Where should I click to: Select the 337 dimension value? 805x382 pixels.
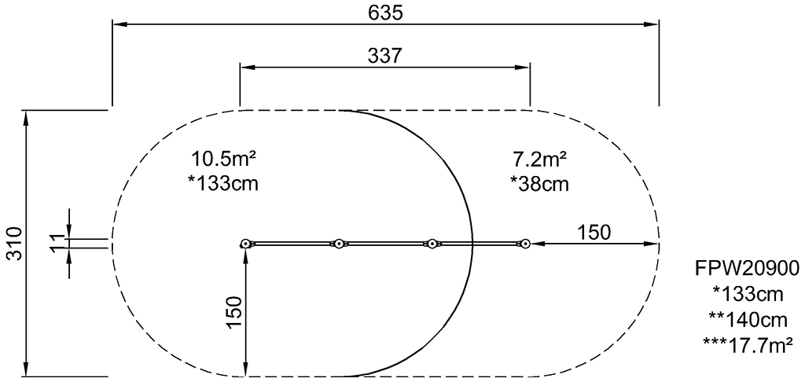pyautogui.click(x=385, y=56)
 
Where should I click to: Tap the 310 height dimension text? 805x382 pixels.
pyautogui.click(x=16, y=243)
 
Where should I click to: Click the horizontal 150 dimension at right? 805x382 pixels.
pyautogui.click(x=594, y=233)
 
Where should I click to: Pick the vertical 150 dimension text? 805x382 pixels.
pyautogui.click(x=234, y=313)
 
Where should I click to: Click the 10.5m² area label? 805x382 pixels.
pyautogui.click(x=224, y=159)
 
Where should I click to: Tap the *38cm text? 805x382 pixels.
pyautogui.click(x=539, y=183)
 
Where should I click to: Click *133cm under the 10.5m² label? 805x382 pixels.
pyautogui.click(x=223, y=183)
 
